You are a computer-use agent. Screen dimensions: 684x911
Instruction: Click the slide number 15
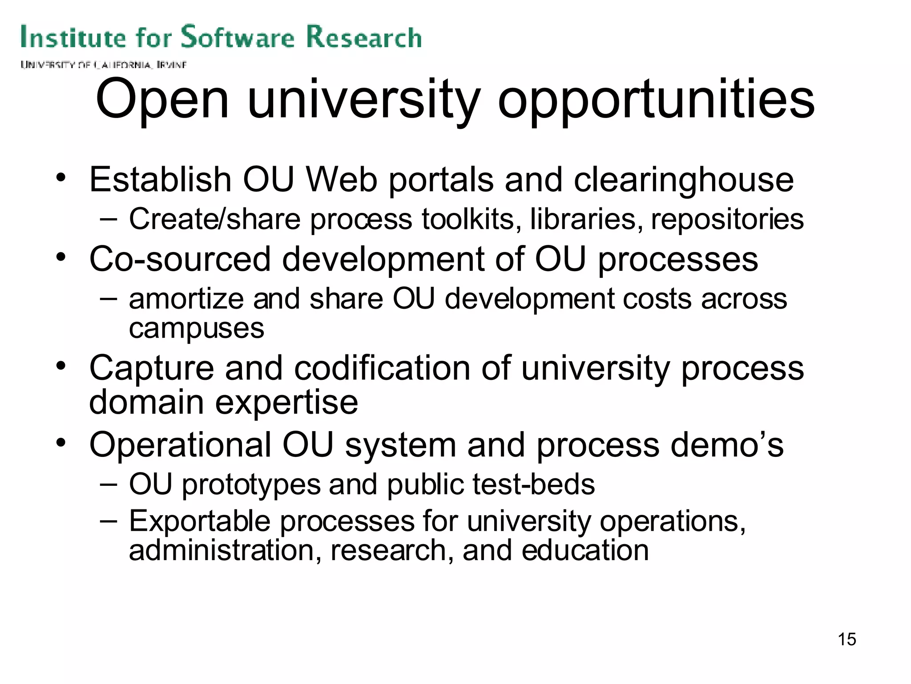click(847, 639)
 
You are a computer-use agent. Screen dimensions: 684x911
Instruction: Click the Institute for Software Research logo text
click(221, 37)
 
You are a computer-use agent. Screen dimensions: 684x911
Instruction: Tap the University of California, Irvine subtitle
click(103, 65)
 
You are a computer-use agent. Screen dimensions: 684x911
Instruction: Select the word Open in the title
click(162, 100)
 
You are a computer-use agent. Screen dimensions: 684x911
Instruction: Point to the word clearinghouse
click(684, 180)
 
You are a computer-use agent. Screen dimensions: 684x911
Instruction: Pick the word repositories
click(727, 220)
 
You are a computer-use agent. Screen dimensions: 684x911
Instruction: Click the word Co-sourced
click(180, 259)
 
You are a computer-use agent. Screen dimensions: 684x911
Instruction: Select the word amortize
click(186, 299)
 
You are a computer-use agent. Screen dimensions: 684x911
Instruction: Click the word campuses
click(197, 330)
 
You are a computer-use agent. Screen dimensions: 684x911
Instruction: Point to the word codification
click(382, 368)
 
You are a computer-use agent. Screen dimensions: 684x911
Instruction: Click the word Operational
click(180, 445)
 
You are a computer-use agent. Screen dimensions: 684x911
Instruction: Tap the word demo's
click(727, 445)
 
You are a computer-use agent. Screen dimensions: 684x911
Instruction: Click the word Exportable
click(200, 521)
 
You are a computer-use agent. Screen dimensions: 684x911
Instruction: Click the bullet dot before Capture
click(61, 366)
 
